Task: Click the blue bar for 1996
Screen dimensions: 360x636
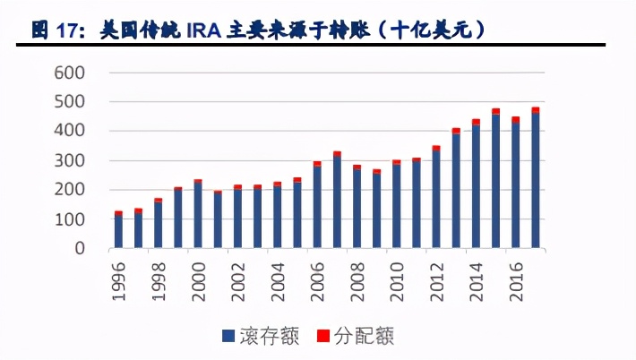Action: (118, 231)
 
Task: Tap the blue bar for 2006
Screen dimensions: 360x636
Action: (317, 207)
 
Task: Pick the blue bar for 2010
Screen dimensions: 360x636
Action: (396, 207)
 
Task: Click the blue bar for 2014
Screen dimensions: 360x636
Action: (476, 187)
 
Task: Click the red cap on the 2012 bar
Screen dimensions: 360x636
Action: (436, 148)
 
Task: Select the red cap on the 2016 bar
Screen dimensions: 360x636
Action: (515, 120)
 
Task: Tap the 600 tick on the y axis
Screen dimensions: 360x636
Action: (73, 73)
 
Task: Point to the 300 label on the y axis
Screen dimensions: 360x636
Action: (73, 160)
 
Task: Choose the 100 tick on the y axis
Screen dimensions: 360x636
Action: (73, 219)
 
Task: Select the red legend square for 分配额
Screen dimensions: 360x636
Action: (323, 337)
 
